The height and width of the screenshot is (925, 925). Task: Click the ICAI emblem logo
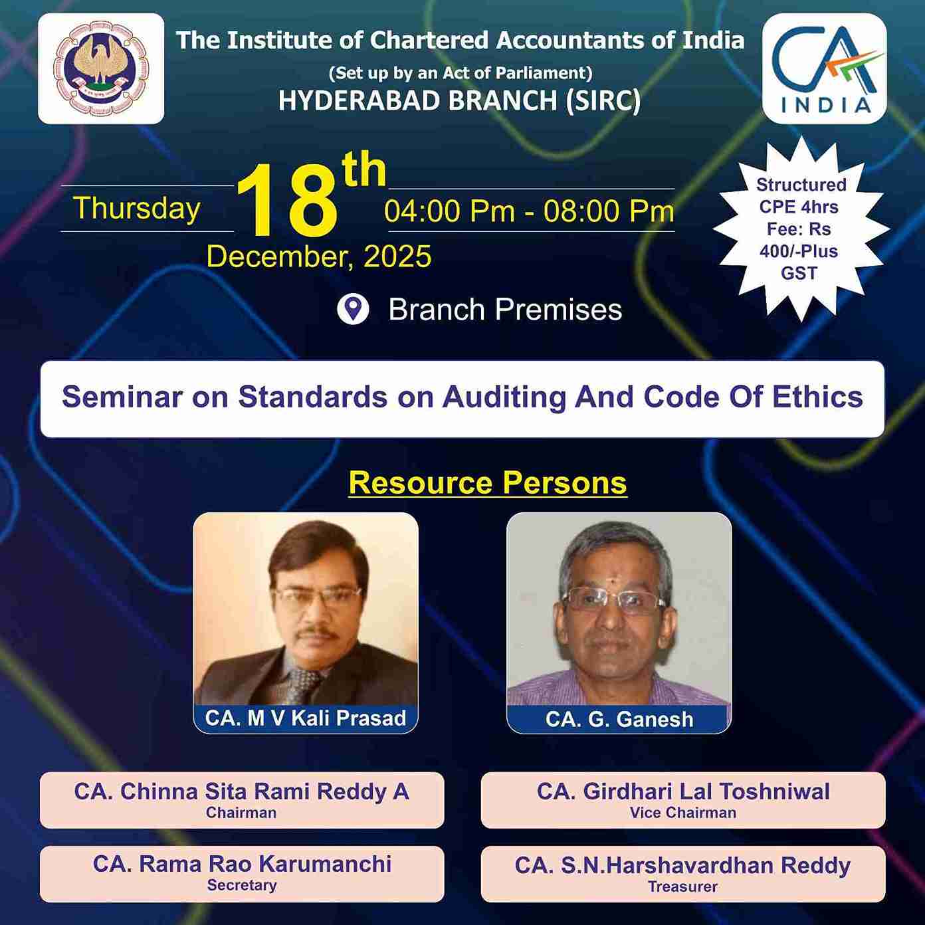click(101, 68)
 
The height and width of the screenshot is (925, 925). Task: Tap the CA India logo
click(825, 68)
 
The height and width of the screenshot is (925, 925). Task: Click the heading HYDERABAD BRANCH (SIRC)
click(459, 101)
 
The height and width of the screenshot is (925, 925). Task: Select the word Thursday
click(137, 208)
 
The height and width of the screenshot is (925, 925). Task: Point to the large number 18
click(287, 201)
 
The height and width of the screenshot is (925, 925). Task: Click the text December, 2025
click(319, 257)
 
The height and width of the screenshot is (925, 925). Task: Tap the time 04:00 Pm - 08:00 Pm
click(530, 211)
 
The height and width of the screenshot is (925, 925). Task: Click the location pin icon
click(353, 310)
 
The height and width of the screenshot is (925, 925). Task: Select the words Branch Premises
click(505, 310)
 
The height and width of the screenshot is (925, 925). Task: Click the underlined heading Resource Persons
click(488, 482)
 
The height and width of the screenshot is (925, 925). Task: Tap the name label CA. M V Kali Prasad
click(306, 718)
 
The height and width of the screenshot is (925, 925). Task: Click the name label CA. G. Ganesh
click(619, 719)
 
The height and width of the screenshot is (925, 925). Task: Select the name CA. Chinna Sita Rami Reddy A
click(241, 791)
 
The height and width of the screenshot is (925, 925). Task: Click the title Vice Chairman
click(683, 813)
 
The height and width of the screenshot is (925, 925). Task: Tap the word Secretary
click(242, 885)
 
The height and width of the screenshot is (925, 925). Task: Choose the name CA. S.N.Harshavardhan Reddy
click(682, 865)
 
